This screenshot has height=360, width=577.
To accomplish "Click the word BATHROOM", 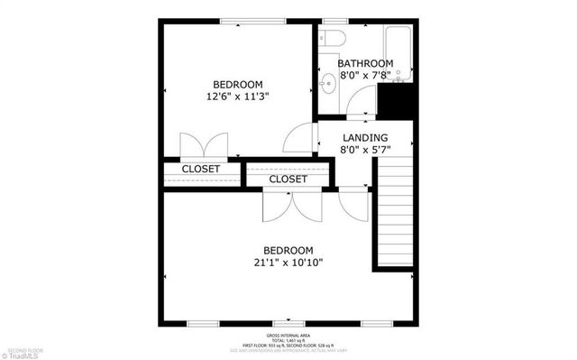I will click(x=365, y=63).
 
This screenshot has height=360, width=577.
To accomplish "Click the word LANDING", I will click(x=365, y=138).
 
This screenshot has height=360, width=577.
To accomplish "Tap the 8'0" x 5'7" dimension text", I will click(x=365, y=151).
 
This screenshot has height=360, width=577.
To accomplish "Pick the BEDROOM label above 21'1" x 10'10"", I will click(x=288, y=250).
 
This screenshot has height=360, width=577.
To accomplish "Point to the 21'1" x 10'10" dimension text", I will click(x=288, y=263).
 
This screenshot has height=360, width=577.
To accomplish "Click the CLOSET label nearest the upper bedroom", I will click(x=201, y=169).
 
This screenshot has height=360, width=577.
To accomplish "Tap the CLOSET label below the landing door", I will click(x=288, y=179).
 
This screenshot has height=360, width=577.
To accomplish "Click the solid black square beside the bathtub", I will click(x=394, y=98).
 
